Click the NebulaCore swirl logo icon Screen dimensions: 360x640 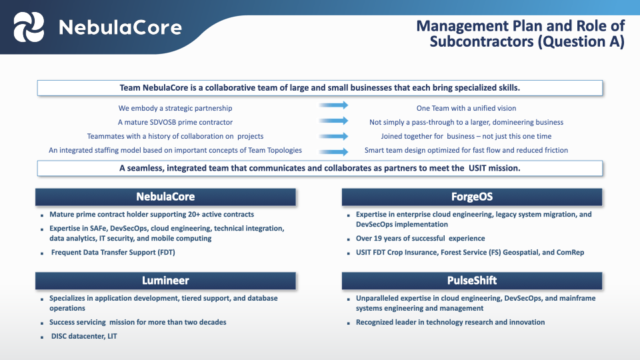[x=30, y=27]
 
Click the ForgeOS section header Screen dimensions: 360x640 [x=471, y=197]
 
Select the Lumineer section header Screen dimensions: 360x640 [x=165, y=281]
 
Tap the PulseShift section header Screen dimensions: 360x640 [x=471, y=281]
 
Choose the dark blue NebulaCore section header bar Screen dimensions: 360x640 [x=165, y=197]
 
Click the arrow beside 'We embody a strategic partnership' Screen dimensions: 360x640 [x=333, y=105]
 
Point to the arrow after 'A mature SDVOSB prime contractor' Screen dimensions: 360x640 [x=333, y=121]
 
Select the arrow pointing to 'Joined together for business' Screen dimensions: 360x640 [x=333, y=136]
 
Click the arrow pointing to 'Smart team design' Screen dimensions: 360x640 [x=333, y=151]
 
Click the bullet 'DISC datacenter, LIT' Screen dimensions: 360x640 [x=84, y=337]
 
